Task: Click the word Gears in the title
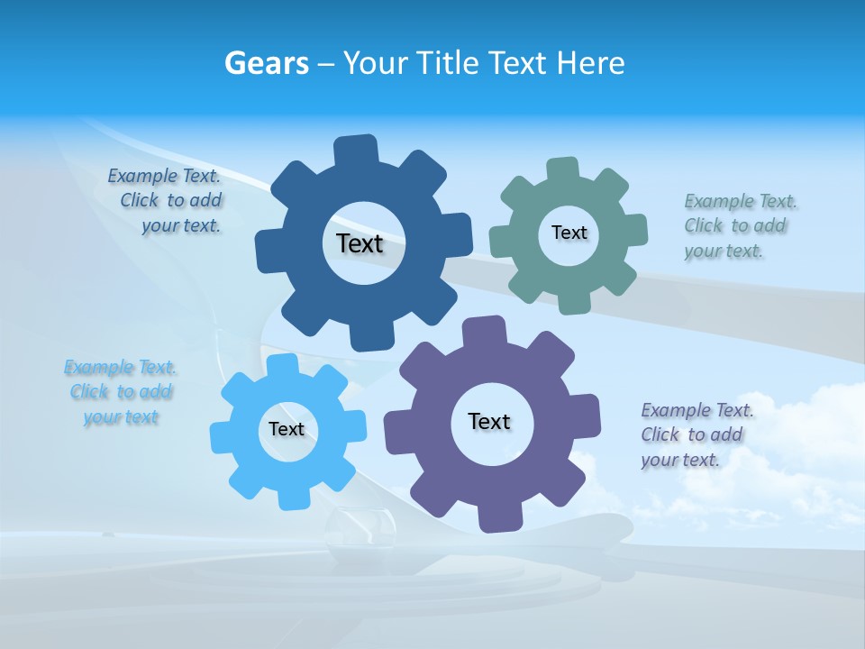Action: (266, 63)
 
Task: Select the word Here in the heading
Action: (590, 63)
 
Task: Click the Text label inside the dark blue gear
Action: (360, 243)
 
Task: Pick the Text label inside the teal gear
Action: (569, 233)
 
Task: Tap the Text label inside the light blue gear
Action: (287, 429)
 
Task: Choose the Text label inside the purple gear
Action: (489, 421)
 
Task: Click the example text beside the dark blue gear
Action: (166, 201)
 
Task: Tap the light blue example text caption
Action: (121, 392)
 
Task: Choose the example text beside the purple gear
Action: (695, 434)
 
